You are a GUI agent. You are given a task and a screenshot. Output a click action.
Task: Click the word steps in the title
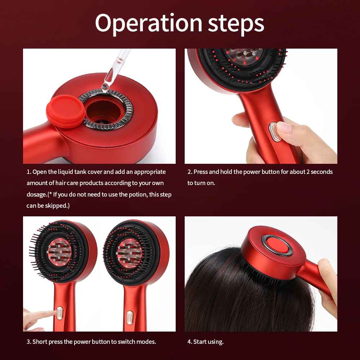pyautogui.click(x=236, y=23)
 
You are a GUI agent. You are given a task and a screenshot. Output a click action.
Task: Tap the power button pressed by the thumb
pyautogui.click(x=274, y=132)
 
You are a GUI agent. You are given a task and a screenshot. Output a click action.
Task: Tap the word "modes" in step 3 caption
pyautogui.click(x=147, y=342)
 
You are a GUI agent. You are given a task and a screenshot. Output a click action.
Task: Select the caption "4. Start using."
pyautogui.click(x=205, y=342)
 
